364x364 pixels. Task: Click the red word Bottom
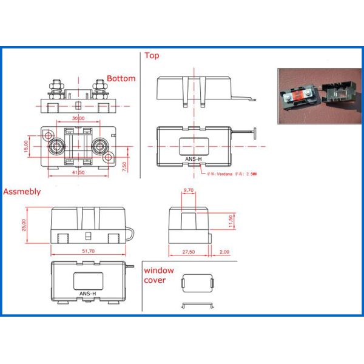121,79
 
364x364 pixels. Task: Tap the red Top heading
151,56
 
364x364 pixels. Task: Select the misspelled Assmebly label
22,192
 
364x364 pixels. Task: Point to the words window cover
158,275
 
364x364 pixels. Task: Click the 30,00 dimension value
78,118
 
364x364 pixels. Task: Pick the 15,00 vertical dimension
27,146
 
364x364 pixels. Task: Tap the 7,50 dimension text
124,166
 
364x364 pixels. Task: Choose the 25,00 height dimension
25,225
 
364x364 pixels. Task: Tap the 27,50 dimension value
188,251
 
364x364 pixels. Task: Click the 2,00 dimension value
224,251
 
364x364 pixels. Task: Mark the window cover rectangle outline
198,283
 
